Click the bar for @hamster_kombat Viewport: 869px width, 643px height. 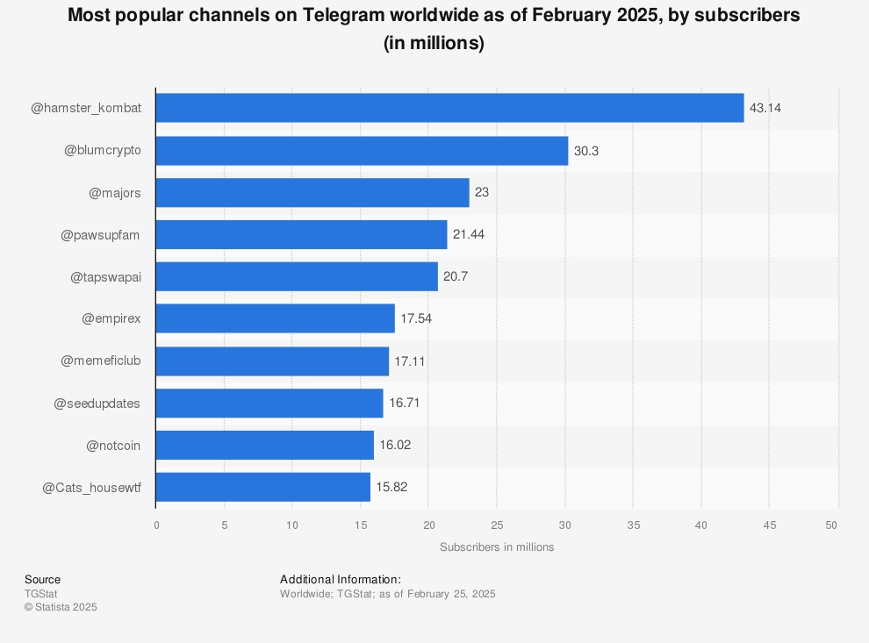coord(449,108)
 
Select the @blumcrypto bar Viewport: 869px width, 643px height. coord(362,151)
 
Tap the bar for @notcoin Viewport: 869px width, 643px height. coord(265,445)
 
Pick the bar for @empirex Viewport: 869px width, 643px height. coord(276,318)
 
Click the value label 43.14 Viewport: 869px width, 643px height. coord(765,108)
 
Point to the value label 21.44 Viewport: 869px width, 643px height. coord(469,234)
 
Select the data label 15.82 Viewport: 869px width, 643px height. coord(391,487)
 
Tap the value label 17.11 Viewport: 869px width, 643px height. coord(410,361)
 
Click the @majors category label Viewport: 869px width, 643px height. coord(115,192)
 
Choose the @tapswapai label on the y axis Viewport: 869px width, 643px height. coord(105,276)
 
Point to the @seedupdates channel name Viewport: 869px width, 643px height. coord(97,403)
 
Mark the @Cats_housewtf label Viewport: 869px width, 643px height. coord(91,487)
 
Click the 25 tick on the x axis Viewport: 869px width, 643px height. coord(497,525)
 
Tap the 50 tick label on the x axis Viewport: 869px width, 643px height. coord(832,525)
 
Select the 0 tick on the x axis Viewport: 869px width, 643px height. coord(156,525)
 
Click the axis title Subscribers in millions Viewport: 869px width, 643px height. coord(497,547)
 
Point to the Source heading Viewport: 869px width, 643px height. coord(42,580)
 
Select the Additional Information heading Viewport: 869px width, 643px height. coord(341,580)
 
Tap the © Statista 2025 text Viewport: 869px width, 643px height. coord(61,607)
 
